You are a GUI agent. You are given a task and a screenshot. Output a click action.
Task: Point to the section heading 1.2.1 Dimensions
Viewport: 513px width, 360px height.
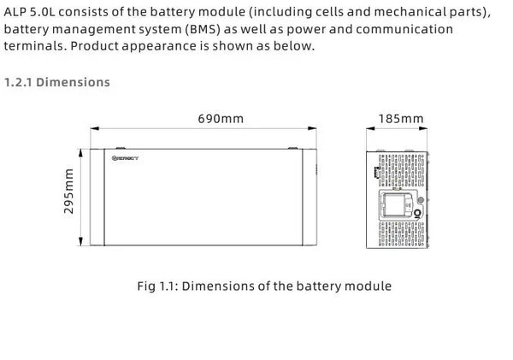[x=57, y=82]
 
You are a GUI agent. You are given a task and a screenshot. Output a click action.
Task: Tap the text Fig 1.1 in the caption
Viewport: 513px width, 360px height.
[x=156, y=286]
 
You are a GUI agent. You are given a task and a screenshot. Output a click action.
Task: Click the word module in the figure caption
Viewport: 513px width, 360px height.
[x=369, y=286]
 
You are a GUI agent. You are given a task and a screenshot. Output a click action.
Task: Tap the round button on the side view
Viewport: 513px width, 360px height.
[x=419, y=214]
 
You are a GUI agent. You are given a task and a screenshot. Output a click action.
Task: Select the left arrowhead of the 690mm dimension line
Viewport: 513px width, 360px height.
[x=93, y=131]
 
